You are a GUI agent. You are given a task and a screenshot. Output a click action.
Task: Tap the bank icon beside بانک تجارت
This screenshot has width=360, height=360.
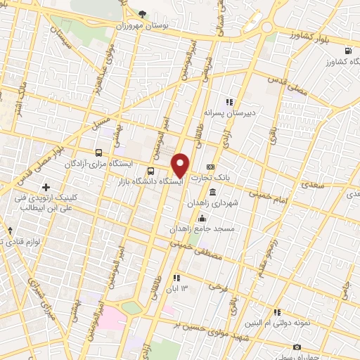coord(210,167)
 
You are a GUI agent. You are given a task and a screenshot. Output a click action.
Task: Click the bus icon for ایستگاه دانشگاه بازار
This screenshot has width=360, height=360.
coord(150,170)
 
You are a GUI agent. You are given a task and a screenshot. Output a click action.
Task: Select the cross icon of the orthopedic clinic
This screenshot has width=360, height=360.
coord(47,187)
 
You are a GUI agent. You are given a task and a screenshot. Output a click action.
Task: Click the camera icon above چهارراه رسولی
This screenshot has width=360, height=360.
coord(296,347)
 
